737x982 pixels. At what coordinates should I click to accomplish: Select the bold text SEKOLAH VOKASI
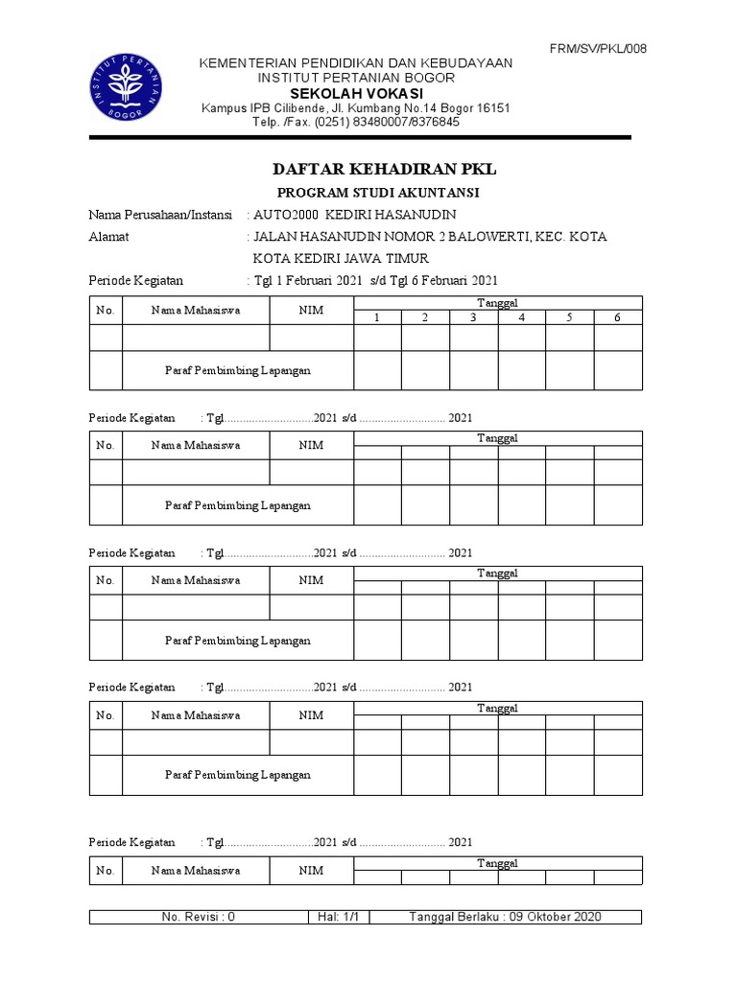coord(355,93)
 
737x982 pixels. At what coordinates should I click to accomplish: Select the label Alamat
coord(108,236)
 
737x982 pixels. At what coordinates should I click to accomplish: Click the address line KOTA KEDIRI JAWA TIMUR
coord(341,258)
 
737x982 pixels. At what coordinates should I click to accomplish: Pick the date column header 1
coord(378,317)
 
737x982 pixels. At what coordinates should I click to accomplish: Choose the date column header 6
coord(618,317)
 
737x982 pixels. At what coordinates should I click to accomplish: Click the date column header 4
coord(522,317)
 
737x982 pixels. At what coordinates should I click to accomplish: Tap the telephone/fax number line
coord(355,122)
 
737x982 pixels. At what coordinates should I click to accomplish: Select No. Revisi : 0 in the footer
coord(199,917)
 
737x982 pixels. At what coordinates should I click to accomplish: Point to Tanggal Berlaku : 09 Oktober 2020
coord(505,917)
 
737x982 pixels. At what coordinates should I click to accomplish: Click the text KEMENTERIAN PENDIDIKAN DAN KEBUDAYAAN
coord(355,63)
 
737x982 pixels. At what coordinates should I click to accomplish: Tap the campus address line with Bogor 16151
coord(355,107)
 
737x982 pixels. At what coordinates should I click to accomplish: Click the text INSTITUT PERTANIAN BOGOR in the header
coord(355,77)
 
